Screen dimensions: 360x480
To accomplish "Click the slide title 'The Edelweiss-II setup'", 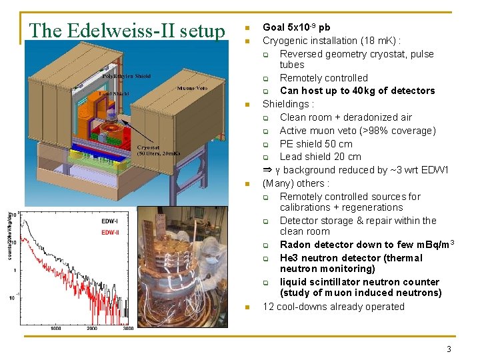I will (127, 31).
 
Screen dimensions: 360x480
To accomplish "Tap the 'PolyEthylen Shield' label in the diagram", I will (126, 77).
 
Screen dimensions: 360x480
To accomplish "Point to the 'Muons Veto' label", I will (191, 88).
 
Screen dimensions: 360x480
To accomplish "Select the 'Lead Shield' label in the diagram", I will (115, 94).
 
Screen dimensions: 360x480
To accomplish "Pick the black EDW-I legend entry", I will (109, 221).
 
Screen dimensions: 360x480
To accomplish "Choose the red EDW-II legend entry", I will (111, 232).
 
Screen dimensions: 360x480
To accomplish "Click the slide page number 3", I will (449, 349).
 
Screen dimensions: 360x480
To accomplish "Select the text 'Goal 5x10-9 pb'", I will (296, 27).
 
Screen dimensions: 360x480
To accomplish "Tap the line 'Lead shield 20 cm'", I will (320, 157).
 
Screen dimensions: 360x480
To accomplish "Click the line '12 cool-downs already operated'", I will (333, 307).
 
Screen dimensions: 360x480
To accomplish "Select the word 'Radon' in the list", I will (294, 245).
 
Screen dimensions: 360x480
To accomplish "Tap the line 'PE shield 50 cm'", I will (316, 144).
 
